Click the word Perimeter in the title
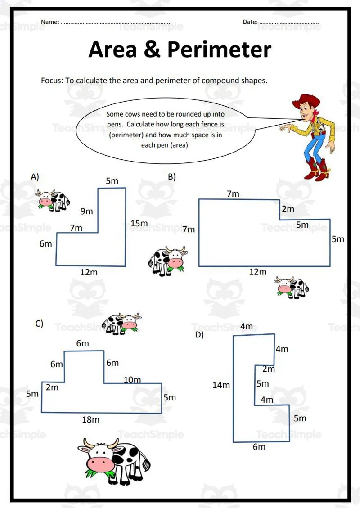[220, 49]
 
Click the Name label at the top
[49, 22]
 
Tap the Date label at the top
[250, 22]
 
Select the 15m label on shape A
[139, 224]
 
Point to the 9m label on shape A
[87, 211]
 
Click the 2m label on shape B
[288, 209]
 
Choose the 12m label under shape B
[258, 272]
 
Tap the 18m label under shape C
[90, 420]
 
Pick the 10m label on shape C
[132, 380]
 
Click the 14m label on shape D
[221, 385]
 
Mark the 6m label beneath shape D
[259, 447]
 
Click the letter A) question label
[35, 177]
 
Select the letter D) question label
[199, 335]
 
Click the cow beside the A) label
[53, 200]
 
